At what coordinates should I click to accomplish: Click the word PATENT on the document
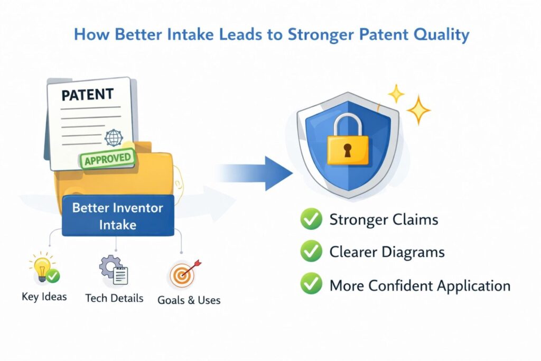coord(87,95)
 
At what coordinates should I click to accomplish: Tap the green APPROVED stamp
coord(107,159)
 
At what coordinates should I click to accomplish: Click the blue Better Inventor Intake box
coord(118,216)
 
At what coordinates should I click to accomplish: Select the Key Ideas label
coord(44,297)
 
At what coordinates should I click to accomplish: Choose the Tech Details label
coord(114,298)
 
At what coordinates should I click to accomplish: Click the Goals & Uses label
coord(189,300)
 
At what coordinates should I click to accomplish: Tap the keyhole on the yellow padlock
coord(348,151)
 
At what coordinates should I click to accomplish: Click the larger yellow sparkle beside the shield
coord(418,110)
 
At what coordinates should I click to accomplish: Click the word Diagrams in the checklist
coord(414,253)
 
